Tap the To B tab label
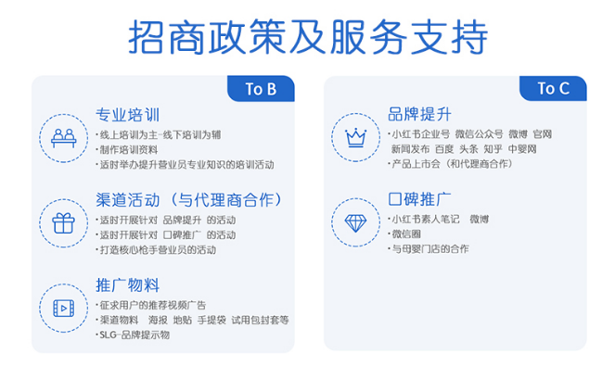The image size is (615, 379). [261, 89]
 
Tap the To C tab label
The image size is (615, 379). [553, 89]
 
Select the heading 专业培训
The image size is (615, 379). [128, 116]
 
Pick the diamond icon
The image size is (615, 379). [355, 222]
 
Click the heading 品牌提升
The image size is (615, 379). [420, 115]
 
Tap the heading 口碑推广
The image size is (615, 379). [420, 199]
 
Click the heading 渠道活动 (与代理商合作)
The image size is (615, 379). [188, 199]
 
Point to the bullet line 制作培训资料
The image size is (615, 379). [129, 149]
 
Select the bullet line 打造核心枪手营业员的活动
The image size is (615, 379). [158, 250]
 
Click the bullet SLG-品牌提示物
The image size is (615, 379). [135, 335]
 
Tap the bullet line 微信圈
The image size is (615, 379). [405, 234]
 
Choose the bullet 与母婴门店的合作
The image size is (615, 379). [429, 249]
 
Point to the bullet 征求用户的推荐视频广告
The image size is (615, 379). [152, 305]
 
